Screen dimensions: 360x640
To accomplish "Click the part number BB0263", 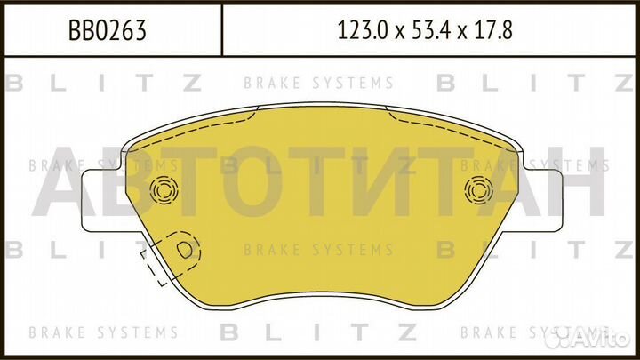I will pos(108,31).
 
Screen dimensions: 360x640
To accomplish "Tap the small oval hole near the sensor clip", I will pos(186,252).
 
